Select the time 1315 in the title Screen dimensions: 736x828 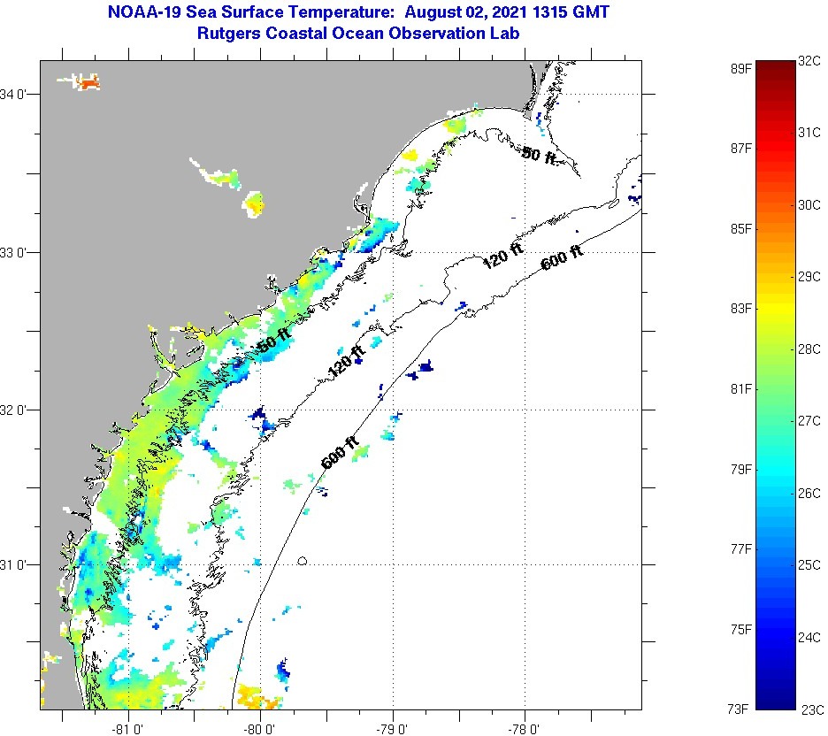[x=550, y=13]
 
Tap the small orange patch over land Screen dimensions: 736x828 [x=88, y=83]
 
